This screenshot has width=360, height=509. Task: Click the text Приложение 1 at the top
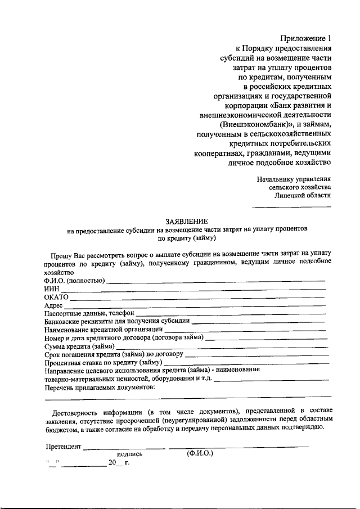(305, 39)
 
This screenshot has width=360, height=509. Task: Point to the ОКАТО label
(56, 296)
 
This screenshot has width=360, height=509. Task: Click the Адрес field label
(54, 305)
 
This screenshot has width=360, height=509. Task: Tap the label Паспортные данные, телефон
(89, 313)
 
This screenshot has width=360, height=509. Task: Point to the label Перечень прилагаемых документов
(98, 388)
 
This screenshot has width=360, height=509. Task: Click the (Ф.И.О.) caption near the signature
(200, 453)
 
